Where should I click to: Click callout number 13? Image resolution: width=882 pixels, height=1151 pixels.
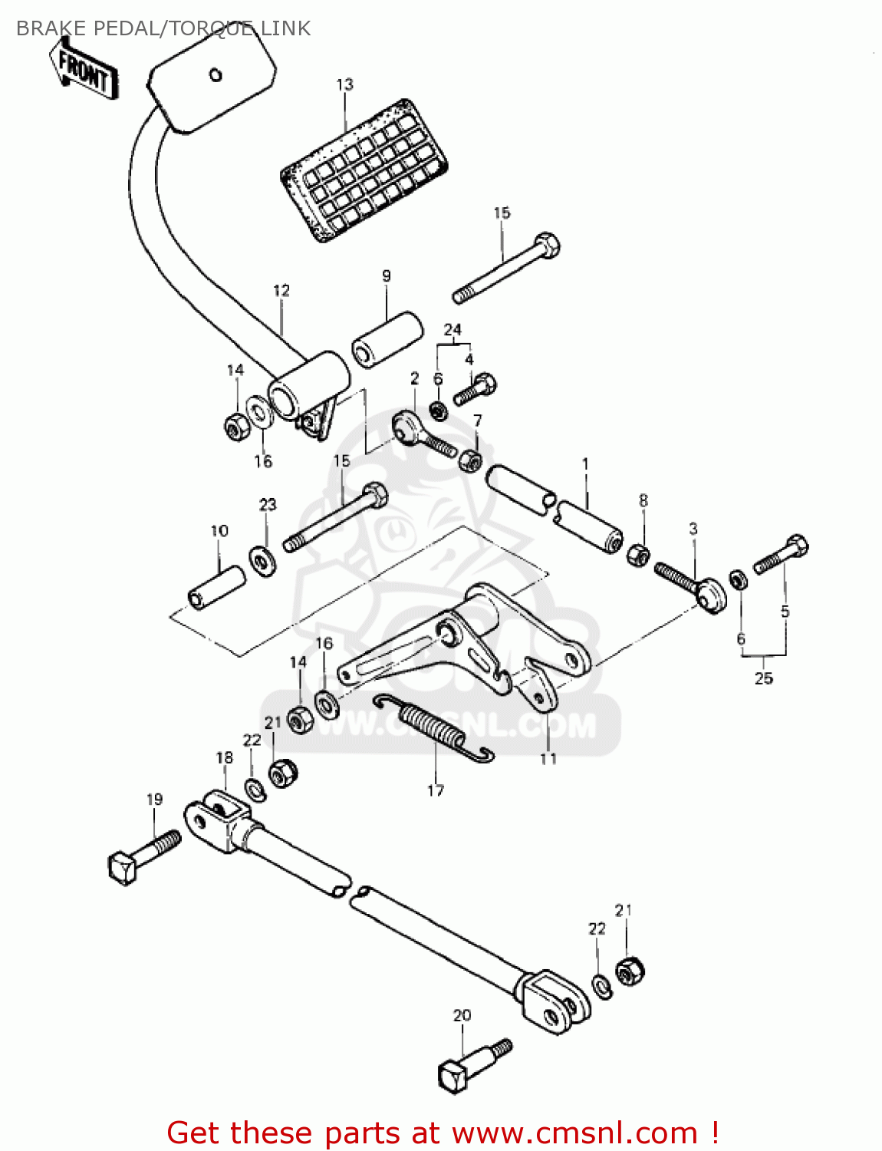point(345,84)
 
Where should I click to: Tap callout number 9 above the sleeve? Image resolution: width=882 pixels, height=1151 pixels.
point(386,276)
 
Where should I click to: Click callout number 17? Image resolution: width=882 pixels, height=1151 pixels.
point(435,790)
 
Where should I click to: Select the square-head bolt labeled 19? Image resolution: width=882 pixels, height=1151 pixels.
point(143,855)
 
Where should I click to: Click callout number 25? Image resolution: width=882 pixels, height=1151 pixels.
point(763,678)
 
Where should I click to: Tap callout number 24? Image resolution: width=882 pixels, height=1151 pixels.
point(453,330)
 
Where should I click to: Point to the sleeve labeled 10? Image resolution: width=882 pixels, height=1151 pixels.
point(216,588)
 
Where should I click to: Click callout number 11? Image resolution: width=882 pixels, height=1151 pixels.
point(548,758)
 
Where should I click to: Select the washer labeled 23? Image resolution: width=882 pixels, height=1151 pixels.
point(262,560)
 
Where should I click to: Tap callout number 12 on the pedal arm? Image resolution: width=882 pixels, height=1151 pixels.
point(281,291)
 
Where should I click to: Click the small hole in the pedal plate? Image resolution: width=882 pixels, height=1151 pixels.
point(216,74)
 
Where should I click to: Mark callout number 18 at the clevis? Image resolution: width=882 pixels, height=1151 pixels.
point(224,758)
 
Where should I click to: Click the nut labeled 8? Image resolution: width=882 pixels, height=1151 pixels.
point(638,553)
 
